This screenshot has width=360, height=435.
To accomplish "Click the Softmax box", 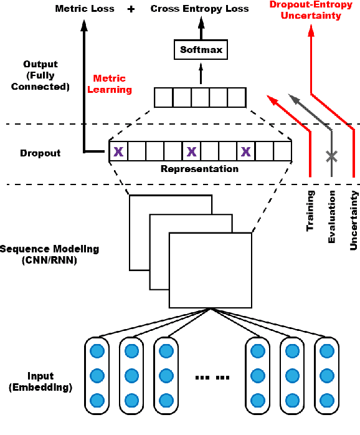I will (201, 49).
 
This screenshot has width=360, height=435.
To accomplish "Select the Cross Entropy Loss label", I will (199, 9).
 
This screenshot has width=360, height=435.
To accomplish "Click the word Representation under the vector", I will (199, 169).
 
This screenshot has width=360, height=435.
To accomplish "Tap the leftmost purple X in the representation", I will (118, 151).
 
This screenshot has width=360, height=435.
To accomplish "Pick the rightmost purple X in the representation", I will (246, 151).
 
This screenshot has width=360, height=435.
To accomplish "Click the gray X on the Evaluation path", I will (332, 157).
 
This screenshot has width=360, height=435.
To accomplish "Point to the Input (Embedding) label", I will (40, 382).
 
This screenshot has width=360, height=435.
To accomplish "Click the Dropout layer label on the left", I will (40, 153).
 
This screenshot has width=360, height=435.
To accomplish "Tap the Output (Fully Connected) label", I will (40, 75).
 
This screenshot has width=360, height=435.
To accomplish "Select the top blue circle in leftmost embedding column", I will (97, 351).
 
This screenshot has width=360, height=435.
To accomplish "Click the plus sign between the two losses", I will (131, 9).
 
